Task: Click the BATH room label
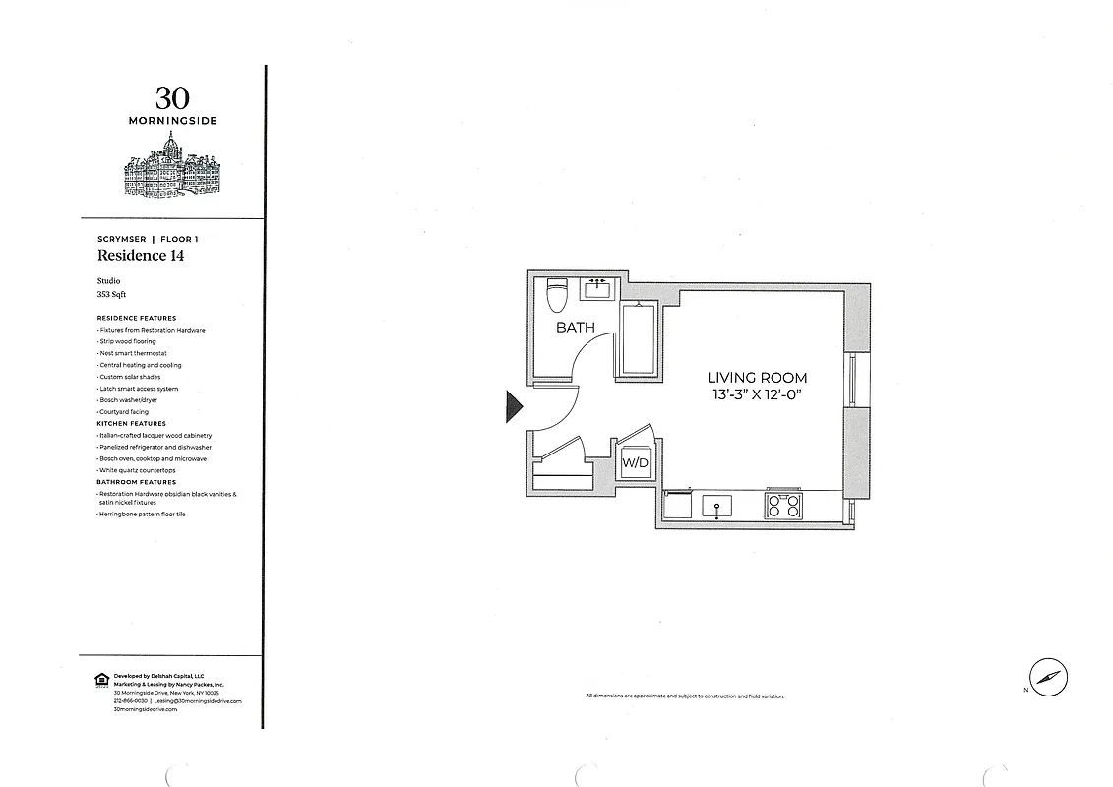pos(576,327)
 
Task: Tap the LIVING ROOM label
pos(757,378)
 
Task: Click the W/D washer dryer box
pos(634,463)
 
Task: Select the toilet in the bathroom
pos(558,294)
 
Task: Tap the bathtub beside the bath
pos(639,338)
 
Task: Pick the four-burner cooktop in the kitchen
pos(784,506)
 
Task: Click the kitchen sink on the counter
pos(716,506)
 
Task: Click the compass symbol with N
pos(1049,677)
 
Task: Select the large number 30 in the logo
pos(172,98)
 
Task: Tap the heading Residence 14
pos(141,256)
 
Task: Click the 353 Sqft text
pos(111,294)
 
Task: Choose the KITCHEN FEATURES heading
pos(131,424)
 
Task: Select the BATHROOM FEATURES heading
pos(137,482)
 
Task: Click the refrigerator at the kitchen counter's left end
pos(677,506)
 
